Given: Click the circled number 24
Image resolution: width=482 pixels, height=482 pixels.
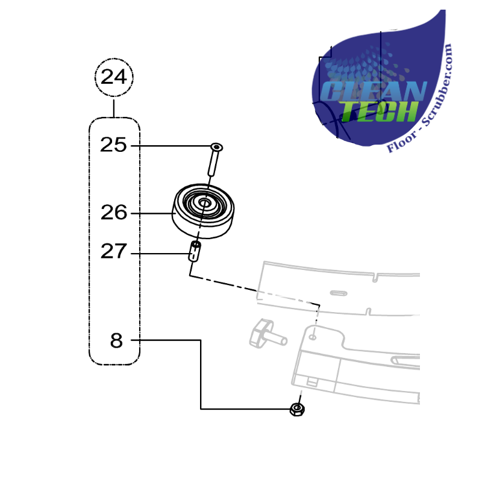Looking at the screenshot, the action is click(x=114, y=77).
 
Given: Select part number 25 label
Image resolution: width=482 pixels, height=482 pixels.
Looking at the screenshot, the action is click(x=113, y=145).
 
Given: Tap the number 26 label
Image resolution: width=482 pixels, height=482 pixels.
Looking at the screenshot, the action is click(x=114, y=213).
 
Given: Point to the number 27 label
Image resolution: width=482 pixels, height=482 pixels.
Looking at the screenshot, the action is click(x=113, y=251).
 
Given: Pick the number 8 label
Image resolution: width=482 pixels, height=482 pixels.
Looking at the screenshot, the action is click(x=116, y=340).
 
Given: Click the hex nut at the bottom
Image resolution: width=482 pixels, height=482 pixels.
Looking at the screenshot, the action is click(x=297, y=409).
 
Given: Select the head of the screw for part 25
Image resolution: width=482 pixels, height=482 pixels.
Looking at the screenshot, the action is click(x=217, y=146).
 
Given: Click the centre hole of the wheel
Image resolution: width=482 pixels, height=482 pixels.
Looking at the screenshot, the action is click(x=204, y=202).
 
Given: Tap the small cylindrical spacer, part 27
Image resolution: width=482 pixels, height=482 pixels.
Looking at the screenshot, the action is click(x=195, y=252).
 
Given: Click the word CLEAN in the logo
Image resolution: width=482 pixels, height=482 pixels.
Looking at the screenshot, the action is click(x=374, y=91).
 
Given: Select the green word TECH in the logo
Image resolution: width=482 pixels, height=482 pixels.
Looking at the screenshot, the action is click(x=380, y=111).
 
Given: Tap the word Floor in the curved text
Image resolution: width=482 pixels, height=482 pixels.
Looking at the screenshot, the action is click(x=401, y=142).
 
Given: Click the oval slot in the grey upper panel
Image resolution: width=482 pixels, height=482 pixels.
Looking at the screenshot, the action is click(x=339, y=293).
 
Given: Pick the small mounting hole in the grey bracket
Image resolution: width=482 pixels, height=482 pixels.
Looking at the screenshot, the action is click(x=312, y=337).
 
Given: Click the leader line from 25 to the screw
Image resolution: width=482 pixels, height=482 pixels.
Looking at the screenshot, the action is click(x=171, y=146).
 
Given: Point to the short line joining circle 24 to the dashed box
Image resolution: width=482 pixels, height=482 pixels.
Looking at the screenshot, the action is click(x=114, y=108).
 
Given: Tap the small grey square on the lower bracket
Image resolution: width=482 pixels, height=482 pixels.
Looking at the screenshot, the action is click(x=312, y=382).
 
